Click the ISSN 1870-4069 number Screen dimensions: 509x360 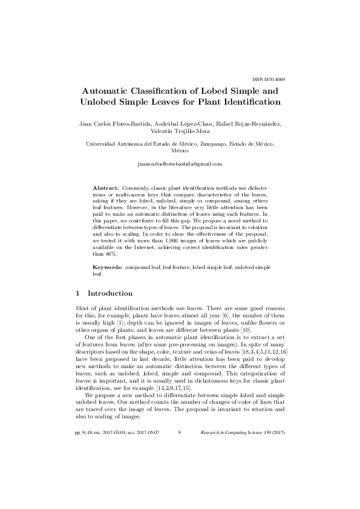tap(268, 80)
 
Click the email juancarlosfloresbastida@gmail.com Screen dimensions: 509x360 tap(180, 164)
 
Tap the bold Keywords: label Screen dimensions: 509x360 tap(108, 267)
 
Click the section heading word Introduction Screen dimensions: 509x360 tap(110, 293)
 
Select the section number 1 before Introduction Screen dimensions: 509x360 tap(78, 293)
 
